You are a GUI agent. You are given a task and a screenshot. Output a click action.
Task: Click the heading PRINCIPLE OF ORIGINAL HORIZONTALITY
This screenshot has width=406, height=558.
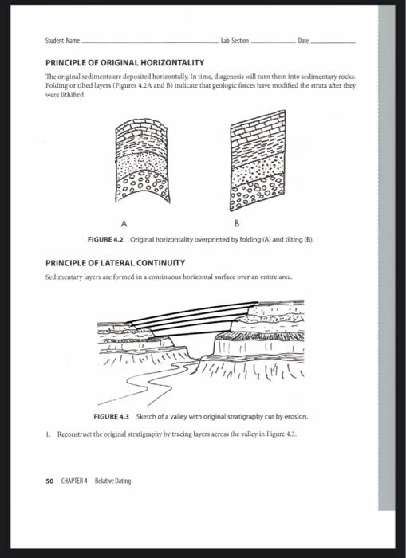tap(124, 61)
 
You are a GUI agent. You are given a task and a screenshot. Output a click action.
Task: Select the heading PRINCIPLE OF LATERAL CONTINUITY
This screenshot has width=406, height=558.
tap(116, 261)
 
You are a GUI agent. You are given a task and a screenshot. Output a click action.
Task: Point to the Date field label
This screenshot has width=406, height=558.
tap(303, 40)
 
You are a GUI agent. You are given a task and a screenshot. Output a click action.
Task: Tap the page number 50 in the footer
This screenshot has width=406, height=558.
tap(49, 481)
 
